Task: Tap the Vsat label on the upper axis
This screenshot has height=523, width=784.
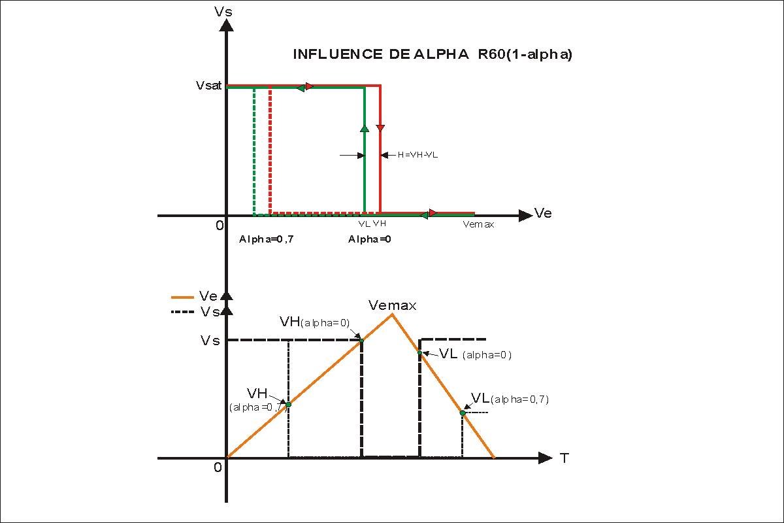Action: coord(210,85)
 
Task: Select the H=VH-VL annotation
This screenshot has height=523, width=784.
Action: coord(418,155)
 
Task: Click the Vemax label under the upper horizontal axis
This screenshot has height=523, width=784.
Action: coord(478,224)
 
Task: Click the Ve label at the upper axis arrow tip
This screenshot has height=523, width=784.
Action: coord(543,213)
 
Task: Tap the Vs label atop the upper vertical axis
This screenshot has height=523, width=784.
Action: coord(223,12)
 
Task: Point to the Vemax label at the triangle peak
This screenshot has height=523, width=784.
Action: coord(392,305)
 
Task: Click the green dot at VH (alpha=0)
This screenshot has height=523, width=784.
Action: coord(361,339)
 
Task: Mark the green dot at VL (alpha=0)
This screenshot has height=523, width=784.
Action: coord(420,352)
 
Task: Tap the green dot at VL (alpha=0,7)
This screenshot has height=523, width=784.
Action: coord(463,413)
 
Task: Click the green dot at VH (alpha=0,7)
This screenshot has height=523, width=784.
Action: coord(288,405)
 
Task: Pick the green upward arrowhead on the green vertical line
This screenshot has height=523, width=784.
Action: coord(365,128)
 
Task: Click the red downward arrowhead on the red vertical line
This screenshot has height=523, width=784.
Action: coord(380,127)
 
